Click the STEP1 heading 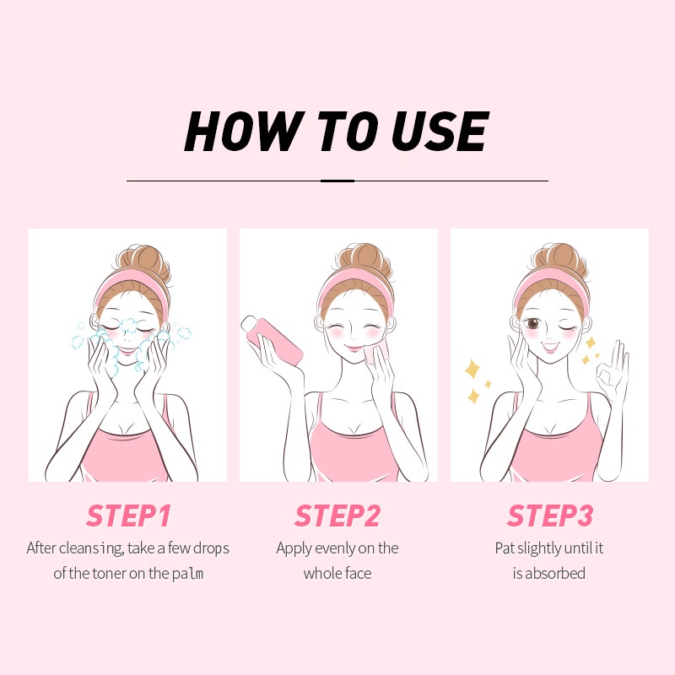[127, 515]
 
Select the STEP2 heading [337, 515]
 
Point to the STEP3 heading [549, 515]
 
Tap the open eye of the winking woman [532, 323]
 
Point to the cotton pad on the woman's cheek [372, 350]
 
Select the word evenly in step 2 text [334, 548]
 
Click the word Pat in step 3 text [505, 548]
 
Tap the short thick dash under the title [337, 180]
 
